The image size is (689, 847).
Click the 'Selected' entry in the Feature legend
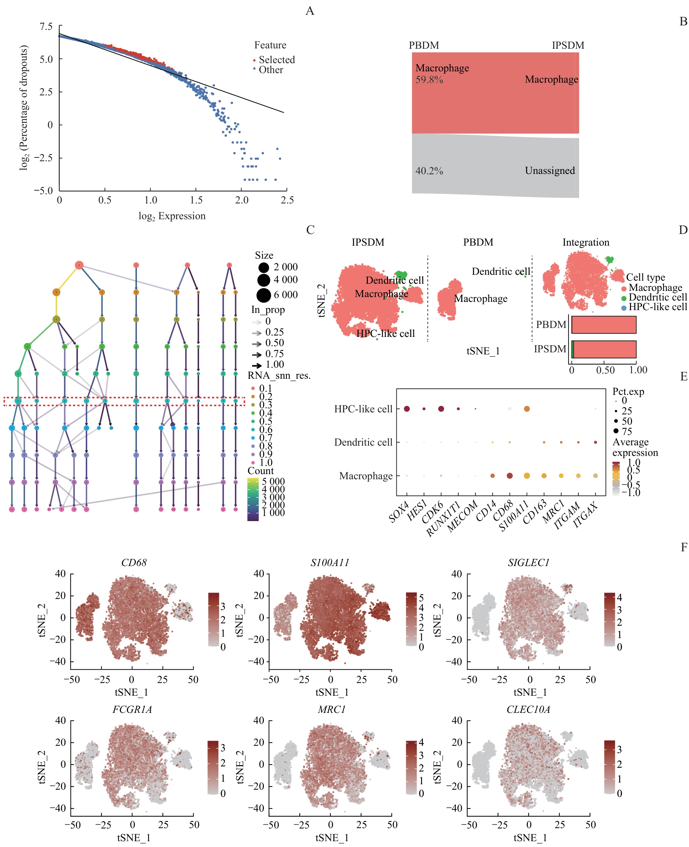click(x=277, y=60)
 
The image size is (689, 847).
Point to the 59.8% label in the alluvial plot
click(x=429, y=80)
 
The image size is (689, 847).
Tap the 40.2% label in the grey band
click(x=429, y=171)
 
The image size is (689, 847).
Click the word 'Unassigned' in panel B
click(x=550, y=170)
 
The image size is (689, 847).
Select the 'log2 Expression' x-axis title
click(x=172, y=216)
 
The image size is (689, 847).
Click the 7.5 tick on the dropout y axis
click(x=46, y=26)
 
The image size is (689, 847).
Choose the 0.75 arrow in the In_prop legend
click(x=257, y=354)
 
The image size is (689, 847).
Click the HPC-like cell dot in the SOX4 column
click(x=407, y=409)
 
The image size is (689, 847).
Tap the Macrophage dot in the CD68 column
click(x=510, y=476)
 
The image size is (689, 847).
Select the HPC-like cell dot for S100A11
click(x=527, y=409)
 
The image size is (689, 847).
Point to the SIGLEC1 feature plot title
click(x=529, y=563)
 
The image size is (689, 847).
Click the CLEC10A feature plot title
click(x=528, y=709)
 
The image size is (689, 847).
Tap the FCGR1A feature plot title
click(x=132, y=709)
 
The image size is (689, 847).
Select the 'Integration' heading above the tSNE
click(x=586, y=243)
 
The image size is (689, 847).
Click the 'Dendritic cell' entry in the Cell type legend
click(x=657, y=297)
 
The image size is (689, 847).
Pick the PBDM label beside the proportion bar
click(x=551, y=325)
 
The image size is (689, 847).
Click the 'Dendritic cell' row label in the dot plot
click(x=363, y=442)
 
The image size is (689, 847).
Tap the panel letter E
click(x=684, y=376)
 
